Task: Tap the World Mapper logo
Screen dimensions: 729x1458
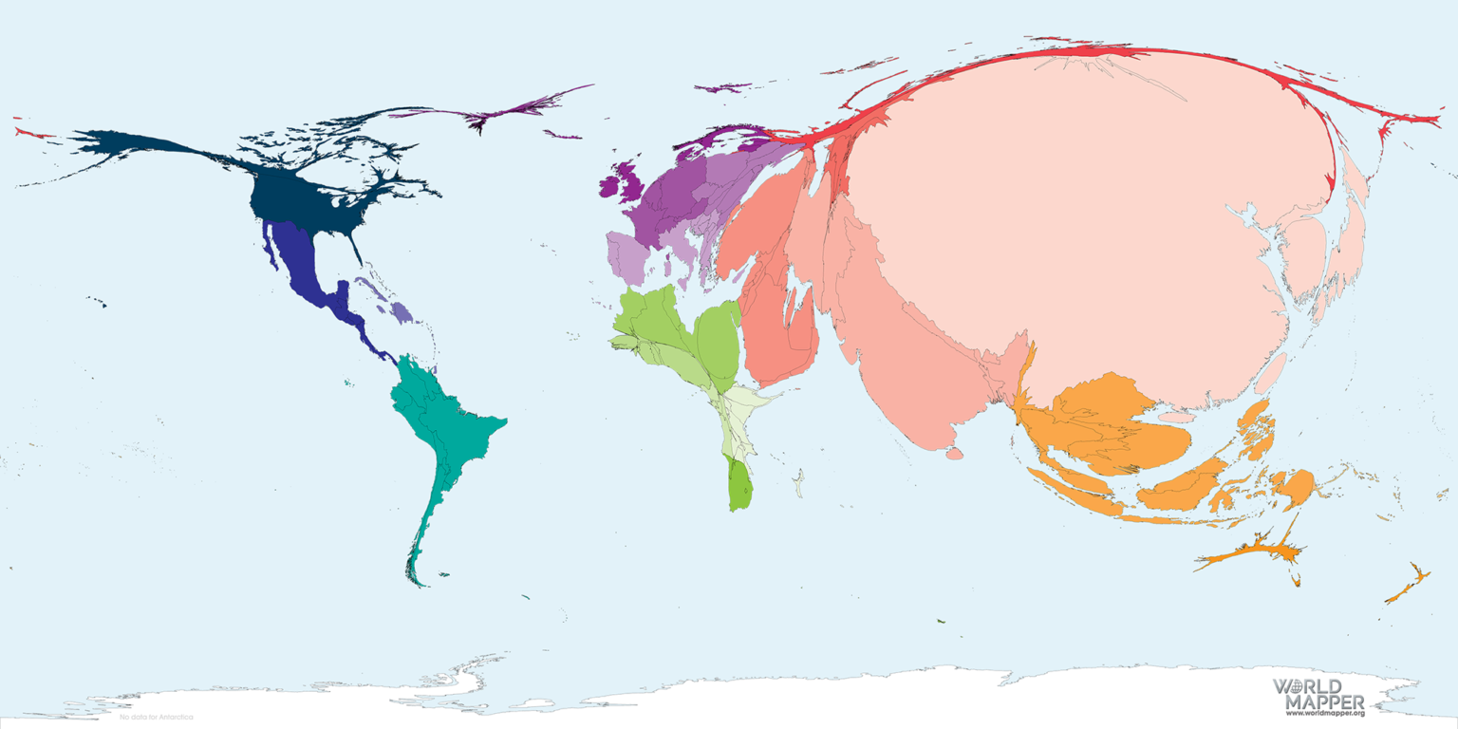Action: pyautogui.click(x=1318, y=694)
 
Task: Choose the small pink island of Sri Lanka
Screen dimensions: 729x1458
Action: pyautogui.click(x=954, y=455)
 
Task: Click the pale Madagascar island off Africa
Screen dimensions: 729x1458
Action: pyautogui.click(x=799, y=483)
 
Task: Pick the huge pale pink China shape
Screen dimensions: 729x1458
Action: pyautogui.click(x=1092, y=218)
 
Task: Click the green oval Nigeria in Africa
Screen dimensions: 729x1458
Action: pyautogui.click(x=718, y=342)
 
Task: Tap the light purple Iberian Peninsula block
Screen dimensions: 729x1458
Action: pyautogui.click(x=627, y=256)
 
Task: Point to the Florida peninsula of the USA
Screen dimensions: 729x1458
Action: pyautogui.click(x=355, y=249)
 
